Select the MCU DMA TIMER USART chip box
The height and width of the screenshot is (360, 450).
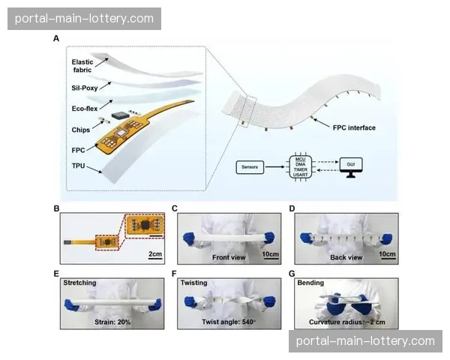(301, 165)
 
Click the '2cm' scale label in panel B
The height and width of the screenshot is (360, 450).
(154, 254)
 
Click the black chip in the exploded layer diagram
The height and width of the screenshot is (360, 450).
(119, 115)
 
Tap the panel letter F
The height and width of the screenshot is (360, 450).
(174, 274)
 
